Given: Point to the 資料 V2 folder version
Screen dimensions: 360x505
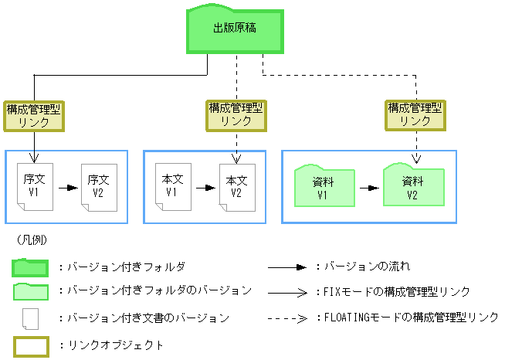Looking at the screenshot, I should [412, 186].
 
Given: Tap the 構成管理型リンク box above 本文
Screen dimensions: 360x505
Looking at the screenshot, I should [236, 115].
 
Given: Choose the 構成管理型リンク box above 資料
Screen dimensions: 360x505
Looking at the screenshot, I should [415, 115].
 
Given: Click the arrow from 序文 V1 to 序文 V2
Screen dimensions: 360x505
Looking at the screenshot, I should [67, 188].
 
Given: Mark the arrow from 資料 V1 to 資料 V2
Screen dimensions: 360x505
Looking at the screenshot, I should [368, 188].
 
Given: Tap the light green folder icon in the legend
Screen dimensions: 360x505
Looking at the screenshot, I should [30, 292].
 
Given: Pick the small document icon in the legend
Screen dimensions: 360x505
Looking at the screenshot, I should [30, 318].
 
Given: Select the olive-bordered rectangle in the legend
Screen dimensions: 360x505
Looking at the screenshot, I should [30, 345].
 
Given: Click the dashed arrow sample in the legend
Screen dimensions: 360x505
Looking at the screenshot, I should [290, 318].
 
